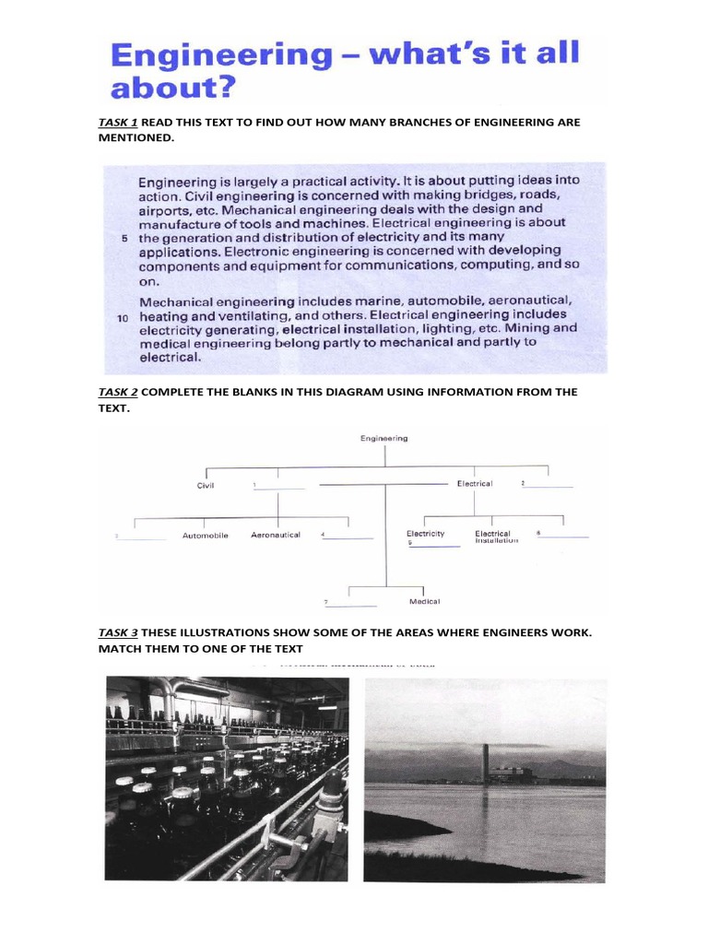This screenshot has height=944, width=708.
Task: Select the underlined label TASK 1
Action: click(118, 123)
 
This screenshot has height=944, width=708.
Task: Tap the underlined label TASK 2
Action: click(118, 392)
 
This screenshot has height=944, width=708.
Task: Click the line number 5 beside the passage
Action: click(124, 238)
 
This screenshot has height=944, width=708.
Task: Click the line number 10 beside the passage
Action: click(123, 317)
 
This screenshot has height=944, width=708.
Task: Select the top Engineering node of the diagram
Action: click(383, 439)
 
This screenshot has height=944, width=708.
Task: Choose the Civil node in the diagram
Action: click(205, 485)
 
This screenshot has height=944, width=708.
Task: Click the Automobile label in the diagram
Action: click(205, 536)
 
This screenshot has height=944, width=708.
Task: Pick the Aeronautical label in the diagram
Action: click(276, 535)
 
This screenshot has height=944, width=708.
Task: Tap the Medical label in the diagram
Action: click(424, 602)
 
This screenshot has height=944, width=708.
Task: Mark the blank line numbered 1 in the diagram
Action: click(280, 487)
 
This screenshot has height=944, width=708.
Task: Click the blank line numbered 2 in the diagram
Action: click(549, 485)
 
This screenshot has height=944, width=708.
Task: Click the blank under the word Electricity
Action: click(435, 546)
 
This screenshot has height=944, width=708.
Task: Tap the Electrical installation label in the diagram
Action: click(497, 537)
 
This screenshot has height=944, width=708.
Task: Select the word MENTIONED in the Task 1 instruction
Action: click(135, 137)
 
